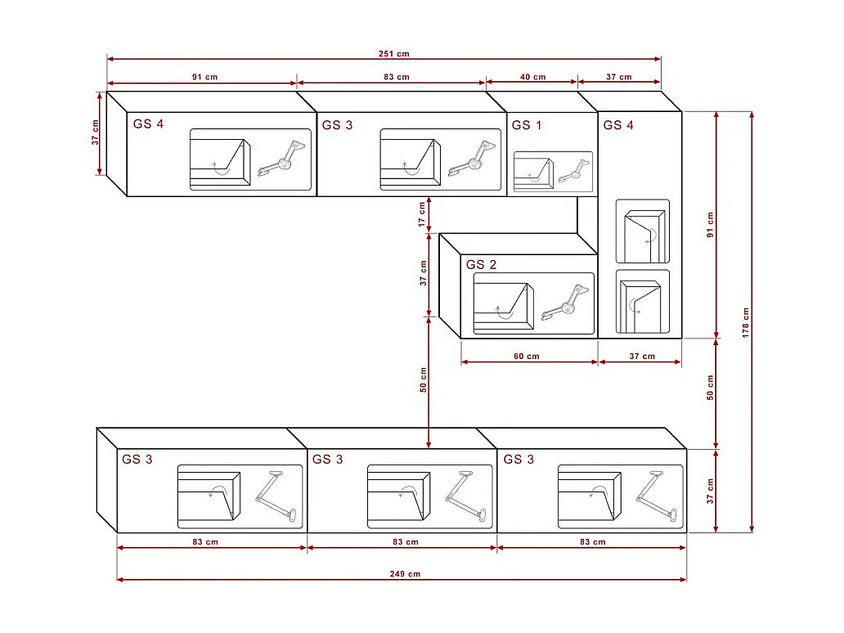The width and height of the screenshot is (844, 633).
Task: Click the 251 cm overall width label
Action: pyautogui.click(x=394, y=53)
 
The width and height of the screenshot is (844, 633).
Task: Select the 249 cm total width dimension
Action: pyautogui.click(x=405, y=574)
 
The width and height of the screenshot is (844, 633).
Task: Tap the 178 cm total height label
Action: pyautogui.click(x=745, y=322)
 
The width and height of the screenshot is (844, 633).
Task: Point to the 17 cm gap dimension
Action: pyautogui.click(x=422, y=214)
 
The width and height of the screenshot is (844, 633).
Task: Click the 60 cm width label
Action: pyautogui.click(x=527, y=356)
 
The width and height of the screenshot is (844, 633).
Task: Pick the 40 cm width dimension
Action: pyautogui.click(x=532, y=77)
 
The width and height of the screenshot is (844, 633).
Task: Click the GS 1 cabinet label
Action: pyautogui.click(x=527, y=125)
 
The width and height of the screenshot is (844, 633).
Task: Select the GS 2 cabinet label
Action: pyautogui.click(x=481, y=265)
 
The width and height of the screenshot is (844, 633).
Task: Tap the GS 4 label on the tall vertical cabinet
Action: pyautogui.click(x=618, y=125)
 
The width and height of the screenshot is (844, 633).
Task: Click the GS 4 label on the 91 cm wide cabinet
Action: pyautogui.click(x=148, y=124)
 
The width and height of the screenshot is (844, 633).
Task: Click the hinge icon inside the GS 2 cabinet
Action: pyautogui.click(x=565, y=302)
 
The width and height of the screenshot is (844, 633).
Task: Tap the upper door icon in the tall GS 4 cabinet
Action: pyautogui.click(x=643, y=231)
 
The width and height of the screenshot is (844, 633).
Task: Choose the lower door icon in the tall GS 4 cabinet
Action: pyautogui.click(x=642, y=303)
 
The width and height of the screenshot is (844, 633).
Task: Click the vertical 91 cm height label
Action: pyautogui.click(x=710, y=224)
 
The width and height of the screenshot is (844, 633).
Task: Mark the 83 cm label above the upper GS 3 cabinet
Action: pyautogui.click(x=397, y=77)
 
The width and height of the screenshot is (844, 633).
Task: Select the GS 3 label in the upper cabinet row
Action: pyautogui.click(x=337, y=125)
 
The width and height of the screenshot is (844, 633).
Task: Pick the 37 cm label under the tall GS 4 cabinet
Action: pyautogui.click(x=643, y=356)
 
